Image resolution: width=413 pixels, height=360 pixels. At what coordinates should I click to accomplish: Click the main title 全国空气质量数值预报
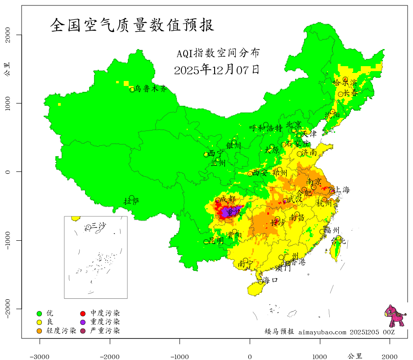(132, 25)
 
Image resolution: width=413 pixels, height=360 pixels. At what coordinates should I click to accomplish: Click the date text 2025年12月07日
(216, 70)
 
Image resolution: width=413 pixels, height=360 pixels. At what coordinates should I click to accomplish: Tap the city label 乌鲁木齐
(154, 89)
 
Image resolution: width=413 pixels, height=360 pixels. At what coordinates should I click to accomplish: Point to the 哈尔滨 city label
(345, 83)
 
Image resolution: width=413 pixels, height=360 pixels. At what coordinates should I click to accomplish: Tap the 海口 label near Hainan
(270, 280)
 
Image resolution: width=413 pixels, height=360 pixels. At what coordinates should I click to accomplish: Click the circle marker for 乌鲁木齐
(132, 90)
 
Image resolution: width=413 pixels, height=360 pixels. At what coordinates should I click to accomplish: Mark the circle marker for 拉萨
(131, 198)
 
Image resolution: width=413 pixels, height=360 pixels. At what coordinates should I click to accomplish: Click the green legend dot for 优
(39, 313)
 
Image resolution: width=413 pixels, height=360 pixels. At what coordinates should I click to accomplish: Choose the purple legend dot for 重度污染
(83, 322)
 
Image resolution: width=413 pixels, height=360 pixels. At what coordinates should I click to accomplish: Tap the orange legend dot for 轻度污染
(39, 331)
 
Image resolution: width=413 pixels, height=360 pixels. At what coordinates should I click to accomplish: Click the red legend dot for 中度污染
(83, 313)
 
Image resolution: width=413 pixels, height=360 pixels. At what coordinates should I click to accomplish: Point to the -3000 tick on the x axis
(40, 356)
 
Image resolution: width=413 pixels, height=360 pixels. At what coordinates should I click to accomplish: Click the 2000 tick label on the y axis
(8, 35)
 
